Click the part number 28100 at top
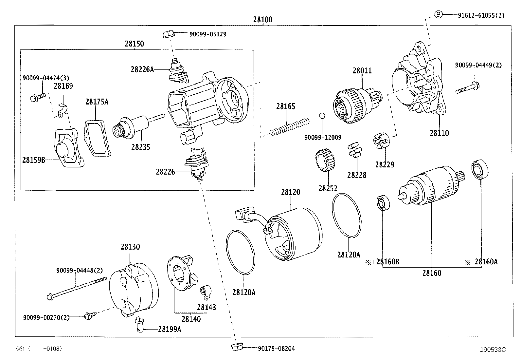(262, 20)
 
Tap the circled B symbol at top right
(438, 14)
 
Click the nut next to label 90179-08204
(235, 348)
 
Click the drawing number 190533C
(493, 350)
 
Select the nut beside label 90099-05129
(168, 33)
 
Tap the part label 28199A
(169, 329)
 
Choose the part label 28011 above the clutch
(362, 70)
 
